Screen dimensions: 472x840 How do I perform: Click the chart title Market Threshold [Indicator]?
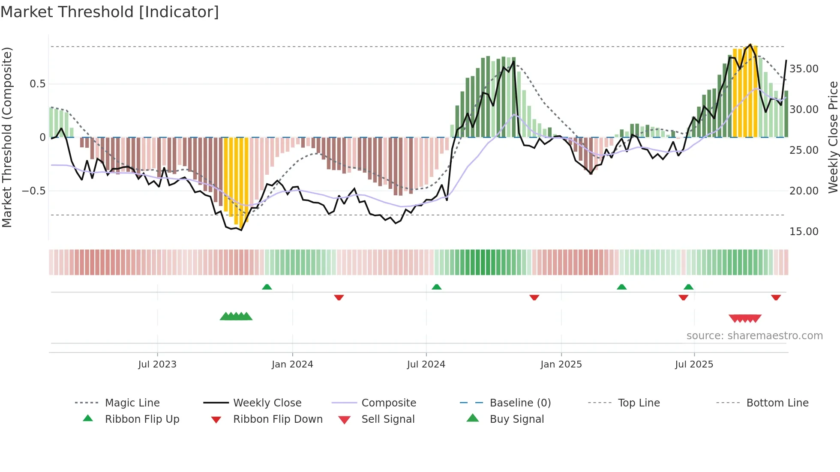point(110,12)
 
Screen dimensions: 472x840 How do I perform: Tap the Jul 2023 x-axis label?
point(157,364)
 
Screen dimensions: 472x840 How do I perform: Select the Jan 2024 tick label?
point(292,364)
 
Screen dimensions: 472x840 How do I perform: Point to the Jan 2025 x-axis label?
point(561,364)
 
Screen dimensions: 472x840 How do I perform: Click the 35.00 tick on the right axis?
point(804,69)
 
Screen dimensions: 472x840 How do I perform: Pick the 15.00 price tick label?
point(804,232)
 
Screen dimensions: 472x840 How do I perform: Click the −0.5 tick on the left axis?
point(34,191)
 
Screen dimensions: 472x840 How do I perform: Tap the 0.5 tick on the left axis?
point(38,84)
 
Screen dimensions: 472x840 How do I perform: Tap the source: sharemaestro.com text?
point(754,336)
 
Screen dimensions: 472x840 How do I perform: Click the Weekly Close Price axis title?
point(833,137)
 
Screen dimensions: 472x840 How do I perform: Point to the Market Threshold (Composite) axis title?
point(7,137)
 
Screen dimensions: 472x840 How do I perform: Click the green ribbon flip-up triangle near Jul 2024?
point(436,287)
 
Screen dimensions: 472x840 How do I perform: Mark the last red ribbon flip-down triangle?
point(776,297)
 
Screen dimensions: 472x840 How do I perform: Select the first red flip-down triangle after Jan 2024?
point(339,297)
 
